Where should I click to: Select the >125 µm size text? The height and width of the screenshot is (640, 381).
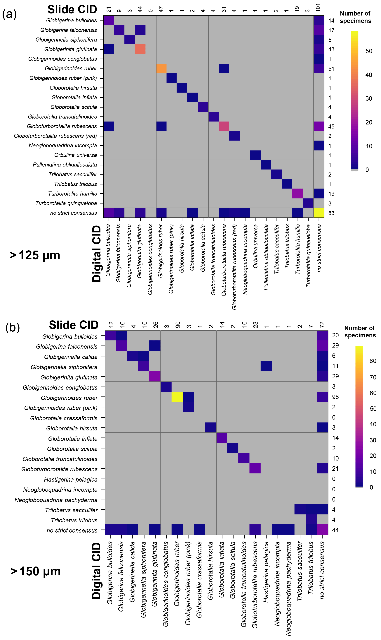click(35, 255)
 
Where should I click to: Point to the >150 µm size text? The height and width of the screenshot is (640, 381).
click(35, 571)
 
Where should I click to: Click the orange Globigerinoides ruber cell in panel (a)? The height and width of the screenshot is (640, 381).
click(161, 69)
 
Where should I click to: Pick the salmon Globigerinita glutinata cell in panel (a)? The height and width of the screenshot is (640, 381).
click(140, 49)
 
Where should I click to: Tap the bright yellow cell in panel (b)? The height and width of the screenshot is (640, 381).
click(177, 397)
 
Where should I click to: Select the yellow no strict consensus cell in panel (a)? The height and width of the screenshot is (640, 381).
click(319, 213)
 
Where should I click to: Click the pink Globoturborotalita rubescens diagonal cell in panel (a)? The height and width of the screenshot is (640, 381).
click(224, 126)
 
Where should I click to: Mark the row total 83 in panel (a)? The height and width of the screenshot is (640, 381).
click(331, 213)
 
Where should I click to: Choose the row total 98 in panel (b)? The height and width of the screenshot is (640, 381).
click(335, 397)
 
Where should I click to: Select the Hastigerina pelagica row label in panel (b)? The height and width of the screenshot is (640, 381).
click(71, 480)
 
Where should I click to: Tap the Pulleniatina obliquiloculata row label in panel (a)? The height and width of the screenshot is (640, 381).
click(65, 165)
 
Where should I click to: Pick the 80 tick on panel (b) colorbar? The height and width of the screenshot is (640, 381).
click(373, 361)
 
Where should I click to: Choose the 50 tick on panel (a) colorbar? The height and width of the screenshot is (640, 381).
click(369, 51)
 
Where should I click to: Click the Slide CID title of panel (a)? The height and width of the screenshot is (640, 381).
click(72, 10)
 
